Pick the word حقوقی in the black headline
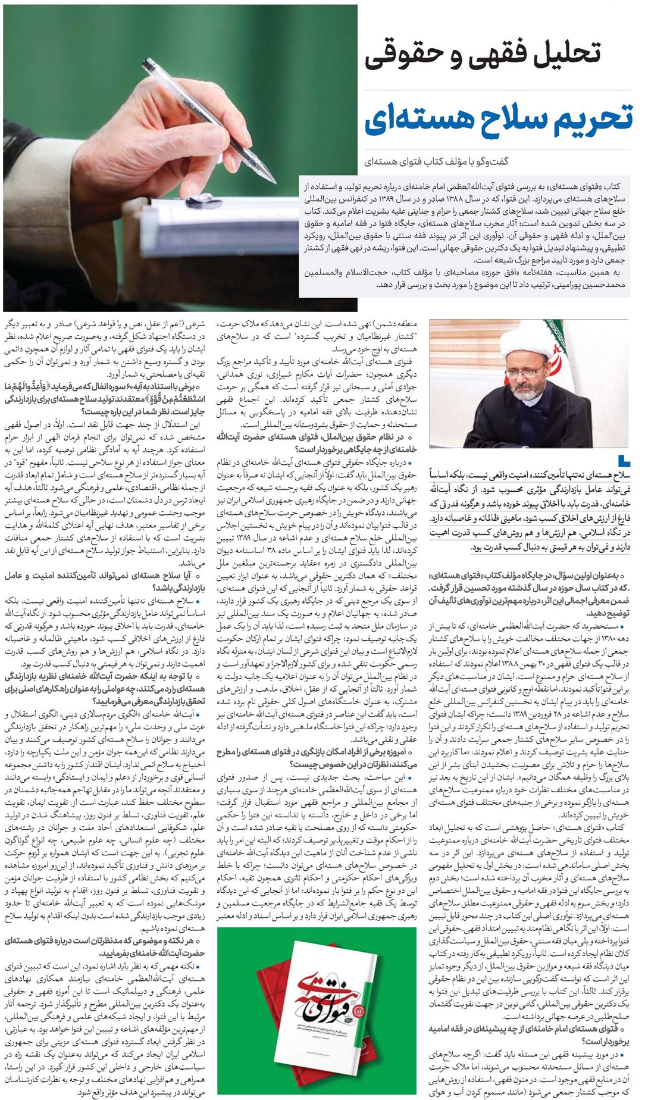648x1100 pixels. click(x=405, y=52)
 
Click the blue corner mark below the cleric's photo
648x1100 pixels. click(x=623, y=460)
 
